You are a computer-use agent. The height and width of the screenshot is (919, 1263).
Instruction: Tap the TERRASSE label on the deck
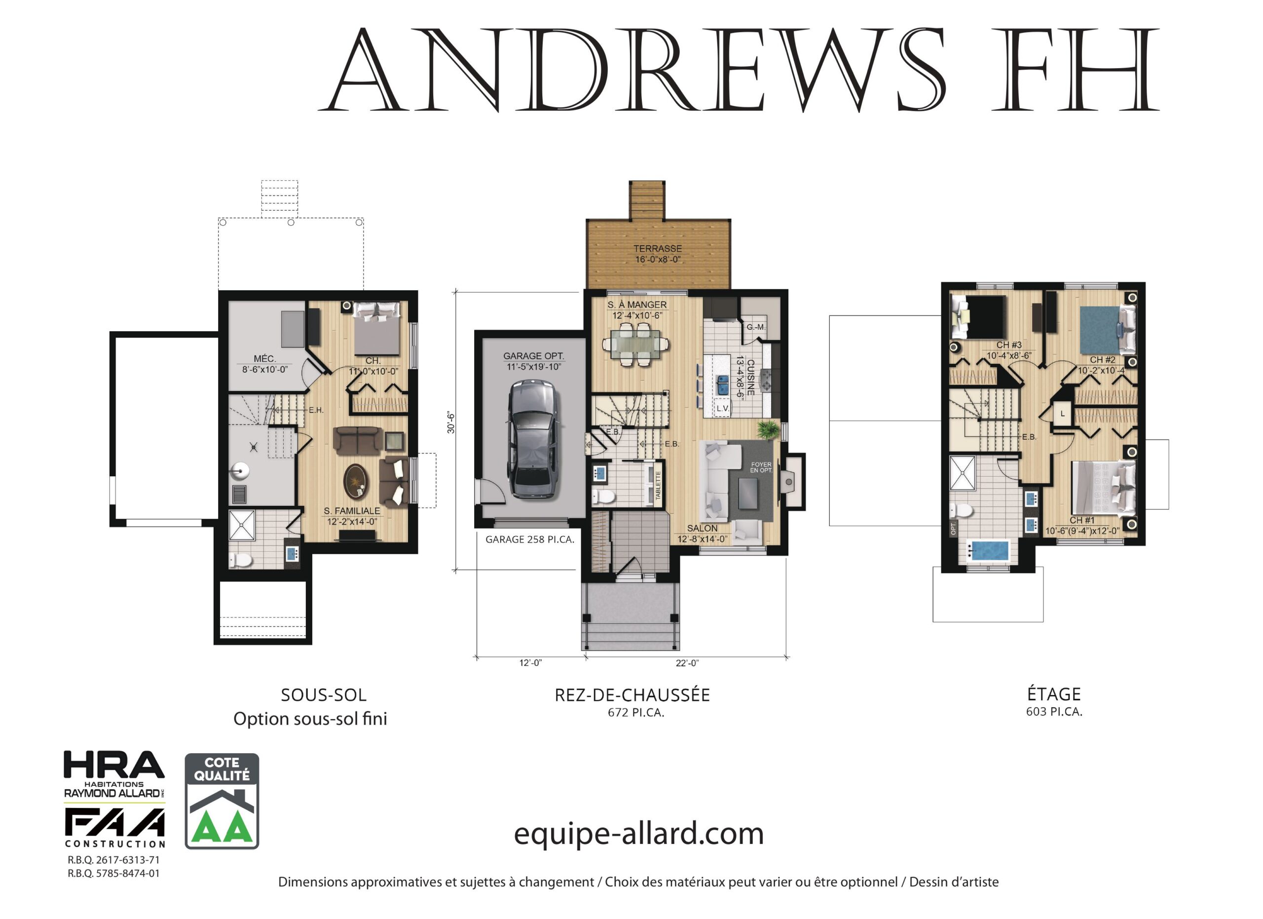coord(657,249)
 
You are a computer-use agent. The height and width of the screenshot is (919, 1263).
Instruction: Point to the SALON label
coord(702,528)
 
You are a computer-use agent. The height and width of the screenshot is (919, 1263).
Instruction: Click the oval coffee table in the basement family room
coord(355,481)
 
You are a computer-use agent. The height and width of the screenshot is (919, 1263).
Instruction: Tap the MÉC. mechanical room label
coord(264,359)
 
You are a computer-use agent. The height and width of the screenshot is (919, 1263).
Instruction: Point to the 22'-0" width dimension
coord(687,663)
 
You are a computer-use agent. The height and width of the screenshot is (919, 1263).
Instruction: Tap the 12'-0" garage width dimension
coord(530,663)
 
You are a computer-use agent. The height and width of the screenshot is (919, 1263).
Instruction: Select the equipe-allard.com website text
coord(638,834)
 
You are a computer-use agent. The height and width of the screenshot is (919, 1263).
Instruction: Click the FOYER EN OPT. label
coord(761,467)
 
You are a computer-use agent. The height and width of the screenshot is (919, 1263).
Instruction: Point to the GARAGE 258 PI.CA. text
coord(529,539)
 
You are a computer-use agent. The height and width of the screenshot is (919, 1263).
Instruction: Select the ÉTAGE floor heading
coord(1054,694)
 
